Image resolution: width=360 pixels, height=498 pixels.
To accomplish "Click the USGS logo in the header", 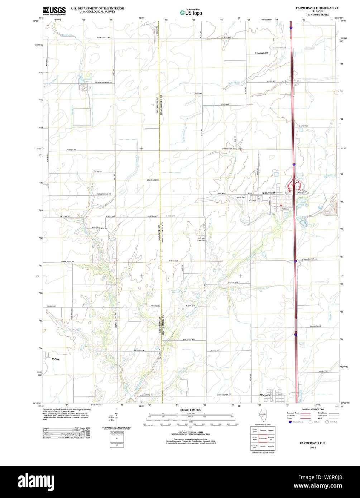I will [54, 10].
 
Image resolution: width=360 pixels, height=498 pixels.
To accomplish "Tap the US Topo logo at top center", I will [191, 12].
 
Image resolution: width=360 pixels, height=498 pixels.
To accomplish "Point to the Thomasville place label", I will [261, 53].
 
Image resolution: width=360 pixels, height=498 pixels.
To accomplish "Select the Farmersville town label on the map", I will [268, 193].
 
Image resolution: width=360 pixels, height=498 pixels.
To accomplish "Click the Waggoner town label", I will [266, 395].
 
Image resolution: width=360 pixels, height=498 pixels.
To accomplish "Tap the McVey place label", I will [55, 359].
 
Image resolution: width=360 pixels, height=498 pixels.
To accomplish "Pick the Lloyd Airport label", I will [153, 180].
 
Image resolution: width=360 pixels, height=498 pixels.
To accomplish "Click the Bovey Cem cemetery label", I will [241, 197].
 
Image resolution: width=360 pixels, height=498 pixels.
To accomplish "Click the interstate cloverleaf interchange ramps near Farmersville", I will [294, 187].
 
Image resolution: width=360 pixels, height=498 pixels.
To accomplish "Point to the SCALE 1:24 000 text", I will [191, 410].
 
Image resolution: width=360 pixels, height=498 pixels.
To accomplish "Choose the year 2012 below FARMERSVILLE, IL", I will [313, 447].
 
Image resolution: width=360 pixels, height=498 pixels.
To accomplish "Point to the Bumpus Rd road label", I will [71, 149].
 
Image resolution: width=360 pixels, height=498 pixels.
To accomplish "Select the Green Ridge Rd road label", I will [67, 262].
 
